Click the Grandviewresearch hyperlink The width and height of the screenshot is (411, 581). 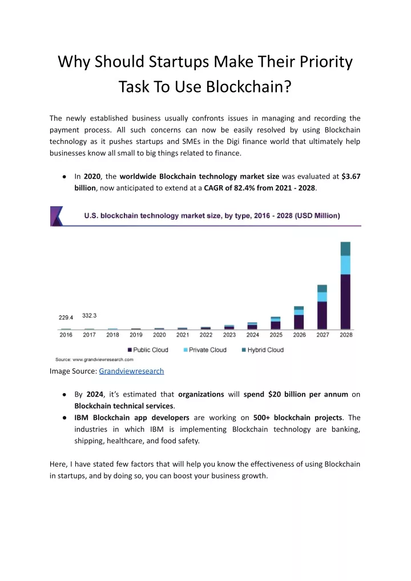[x=131, y=371]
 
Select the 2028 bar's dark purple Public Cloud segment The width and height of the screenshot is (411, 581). [x=345, y=302]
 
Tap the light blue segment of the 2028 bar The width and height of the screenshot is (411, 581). [x=345, y=265]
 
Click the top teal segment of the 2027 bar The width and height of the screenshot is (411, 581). [x=322, y=289]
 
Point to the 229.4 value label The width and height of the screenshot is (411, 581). [x=66, y=318]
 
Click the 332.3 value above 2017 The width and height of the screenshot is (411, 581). [x=89, y=315]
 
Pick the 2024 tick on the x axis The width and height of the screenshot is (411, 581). [x=252, y=335]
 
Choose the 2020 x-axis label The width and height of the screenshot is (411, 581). [x=159, y=335]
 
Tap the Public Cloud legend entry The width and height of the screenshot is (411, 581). [x=148, y=350]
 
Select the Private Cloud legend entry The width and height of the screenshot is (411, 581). [x=205, y=350]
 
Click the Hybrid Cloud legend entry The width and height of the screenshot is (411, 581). [x=263, y=350]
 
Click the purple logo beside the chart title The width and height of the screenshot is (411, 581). [x=57, y=216]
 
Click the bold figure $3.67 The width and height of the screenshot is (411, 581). [x=351, y=177]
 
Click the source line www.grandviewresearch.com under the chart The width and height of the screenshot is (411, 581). [x=103, y=359]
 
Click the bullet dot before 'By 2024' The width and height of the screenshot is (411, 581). [x=65, y=395]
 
